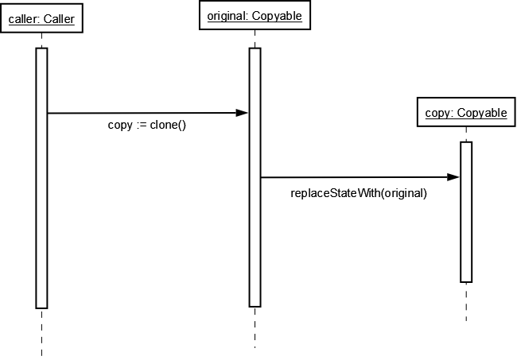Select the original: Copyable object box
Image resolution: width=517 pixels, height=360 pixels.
click(255, 16)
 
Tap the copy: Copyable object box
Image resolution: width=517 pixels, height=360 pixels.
click(466, 113)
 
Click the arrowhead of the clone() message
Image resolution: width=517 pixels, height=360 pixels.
click(242, 113)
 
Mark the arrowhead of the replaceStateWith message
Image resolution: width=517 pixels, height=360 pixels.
click(453, 177)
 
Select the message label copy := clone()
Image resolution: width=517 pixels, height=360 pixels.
click(146, 126)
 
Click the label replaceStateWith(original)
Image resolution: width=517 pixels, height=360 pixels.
click(359, 192)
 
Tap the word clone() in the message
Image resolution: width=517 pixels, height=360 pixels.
click(168, 126)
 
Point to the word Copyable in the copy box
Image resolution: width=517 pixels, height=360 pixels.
click(482, 113)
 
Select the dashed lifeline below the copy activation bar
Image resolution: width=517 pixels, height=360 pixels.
click(466, 302)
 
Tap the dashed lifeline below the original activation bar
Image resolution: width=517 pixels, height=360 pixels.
click(255, 327)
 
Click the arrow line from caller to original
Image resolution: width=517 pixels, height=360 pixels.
click(143, 113)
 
